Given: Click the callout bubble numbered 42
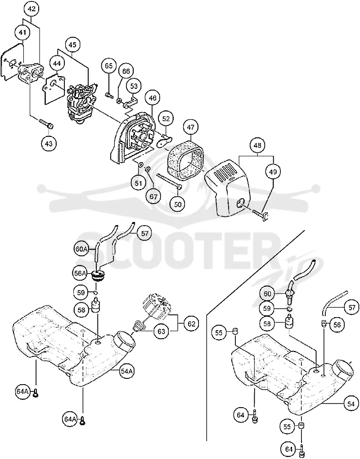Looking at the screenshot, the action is [x=31, y=9].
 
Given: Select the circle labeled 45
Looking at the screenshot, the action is [x=72, y=45].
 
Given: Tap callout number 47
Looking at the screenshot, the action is [x=191, y=127].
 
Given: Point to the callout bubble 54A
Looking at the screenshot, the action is [x=127, y=371].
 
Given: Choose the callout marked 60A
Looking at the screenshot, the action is [x=81, y=250].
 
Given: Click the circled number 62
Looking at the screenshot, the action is [x=191, y=324].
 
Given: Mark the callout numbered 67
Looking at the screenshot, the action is [x=153, y=196].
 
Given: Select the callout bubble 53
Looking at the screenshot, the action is [x=134, y=86].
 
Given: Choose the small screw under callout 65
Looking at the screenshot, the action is [x=109, y=95].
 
